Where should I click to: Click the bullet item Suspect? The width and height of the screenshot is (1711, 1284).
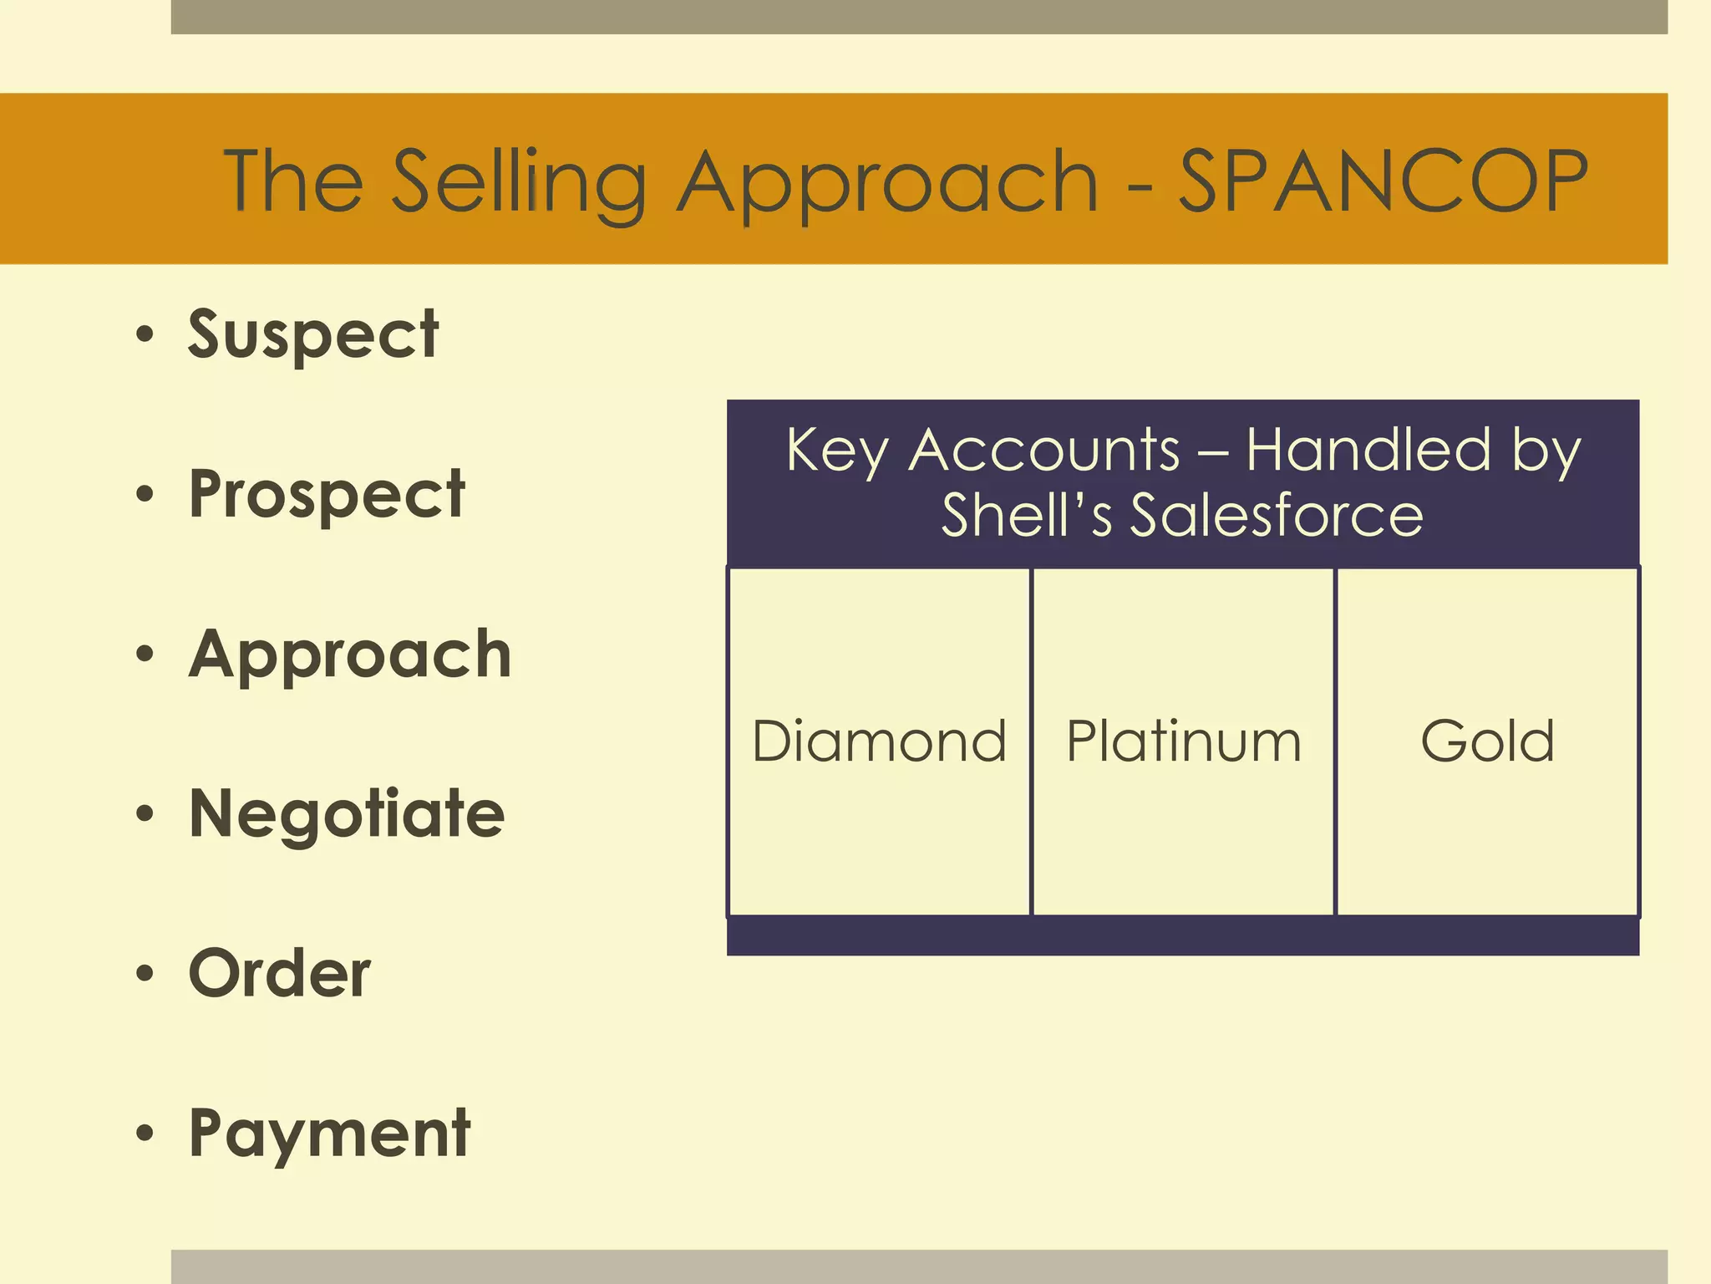[313, 334]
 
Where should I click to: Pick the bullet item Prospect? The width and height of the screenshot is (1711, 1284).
[327, 495]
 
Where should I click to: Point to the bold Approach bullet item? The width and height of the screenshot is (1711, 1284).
[350, 655]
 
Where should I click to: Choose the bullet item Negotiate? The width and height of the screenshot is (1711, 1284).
[347, 813]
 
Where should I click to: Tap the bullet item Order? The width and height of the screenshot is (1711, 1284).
[280, 974]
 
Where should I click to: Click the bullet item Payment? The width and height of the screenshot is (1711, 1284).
[330, 1134]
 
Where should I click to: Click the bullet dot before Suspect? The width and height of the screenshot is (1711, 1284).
[145, 334]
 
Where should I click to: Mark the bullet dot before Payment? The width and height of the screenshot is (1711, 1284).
[145, 1134]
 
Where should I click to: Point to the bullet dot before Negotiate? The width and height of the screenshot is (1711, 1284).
[145, 813]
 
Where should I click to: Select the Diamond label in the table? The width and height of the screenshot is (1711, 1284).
[879, 741]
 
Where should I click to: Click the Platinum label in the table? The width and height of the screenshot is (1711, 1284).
[1184, 741]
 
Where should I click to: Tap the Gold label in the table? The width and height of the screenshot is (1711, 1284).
[1487, 741]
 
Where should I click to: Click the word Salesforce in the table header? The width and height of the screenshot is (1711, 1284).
[1277, 515]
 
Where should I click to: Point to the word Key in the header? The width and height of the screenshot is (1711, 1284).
[838, 451]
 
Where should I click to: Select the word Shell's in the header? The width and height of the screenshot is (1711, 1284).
[1027, 515]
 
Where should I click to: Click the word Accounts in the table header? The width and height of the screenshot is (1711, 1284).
[1044, 450]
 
